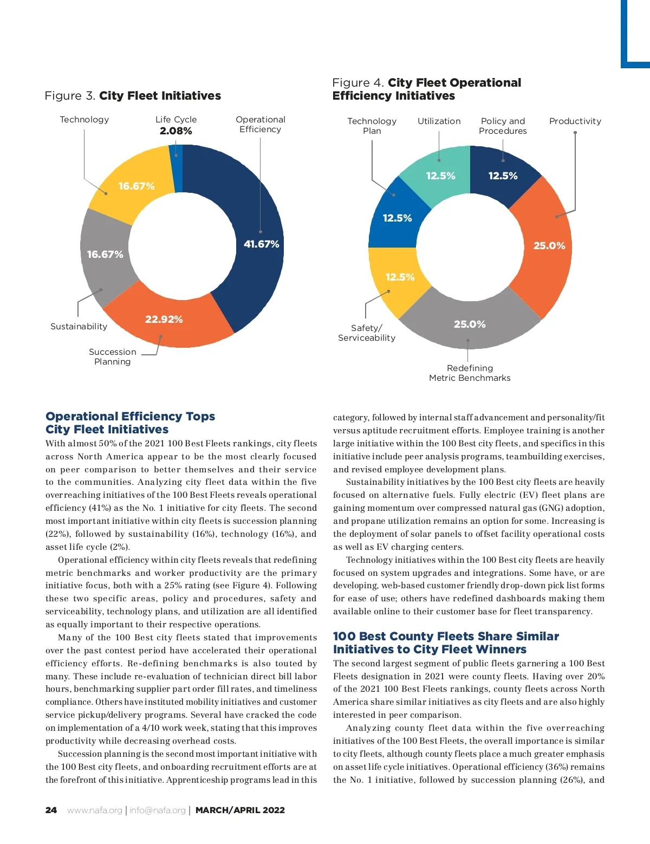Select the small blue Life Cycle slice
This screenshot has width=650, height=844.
pyautogui.click(x=176, y=168)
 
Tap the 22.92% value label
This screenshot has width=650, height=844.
pyautogui.click(x=164, y=320)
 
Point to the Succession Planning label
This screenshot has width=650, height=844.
pyautogui.click(x=113, y=356)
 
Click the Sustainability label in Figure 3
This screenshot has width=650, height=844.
pyautogui.click(x=79, y=326)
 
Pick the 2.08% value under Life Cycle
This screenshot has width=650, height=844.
pyautogui.click(x=176, y=131)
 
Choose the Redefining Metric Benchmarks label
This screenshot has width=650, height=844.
pyautogui.click(x=470, y=373)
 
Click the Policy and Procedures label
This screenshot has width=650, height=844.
pyautogui.click(x=503, y=126)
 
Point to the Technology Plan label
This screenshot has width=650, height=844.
pyautogui.click(x=372, y=126)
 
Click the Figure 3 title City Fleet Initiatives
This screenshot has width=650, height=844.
pyautogui.click(x=133, y=96)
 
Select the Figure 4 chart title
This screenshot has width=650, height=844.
pyautogui.click(x=427, y=89)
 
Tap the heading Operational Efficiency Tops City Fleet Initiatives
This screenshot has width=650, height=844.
pyautogui.click(x=130, y=423)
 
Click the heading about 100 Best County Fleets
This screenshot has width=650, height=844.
pyautogui.click(x=445, y=642)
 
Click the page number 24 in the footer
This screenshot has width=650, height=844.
pyautogui.click(x=51, y=810)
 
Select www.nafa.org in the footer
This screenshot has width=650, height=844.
pyautogui.click(x=95, y=810)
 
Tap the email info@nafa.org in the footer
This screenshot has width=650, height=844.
pyautogui.click(x=157, y=810)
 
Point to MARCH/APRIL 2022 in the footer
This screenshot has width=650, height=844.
pyautogui.click(x=240, y=810)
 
